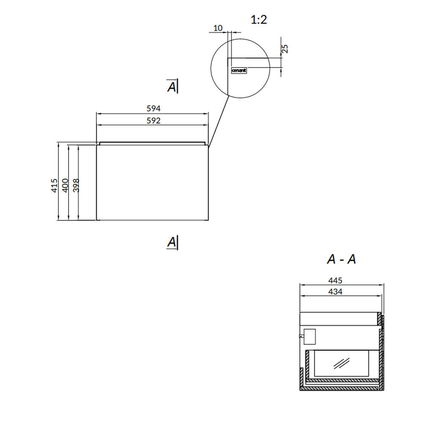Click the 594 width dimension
[154, 108]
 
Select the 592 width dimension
[154, 121]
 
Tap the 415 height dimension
[54, 185]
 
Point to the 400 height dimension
[65, 185]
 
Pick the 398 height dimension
[76, 185]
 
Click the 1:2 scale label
[259, 20]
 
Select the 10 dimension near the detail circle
[218, 28]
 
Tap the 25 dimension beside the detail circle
[285, 49]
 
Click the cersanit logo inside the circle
[239, 70]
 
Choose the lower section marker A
[172, 242]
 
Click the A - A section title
[341, 259]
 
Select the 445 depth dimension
[335, 280]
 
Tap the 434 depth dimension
[335, 291]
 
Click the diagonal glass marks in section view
[341, 363]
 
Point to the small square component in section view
[310, 337]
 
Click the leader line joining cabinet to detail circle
[219, 121]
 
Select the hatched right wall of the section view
[381, 351]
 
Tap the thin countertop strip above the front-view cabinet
[152, 143]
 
